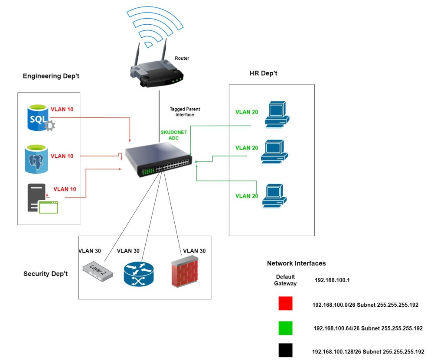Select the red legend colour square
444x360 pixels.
click(x=285, y=304)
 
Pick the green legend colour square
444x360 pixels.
click(x=285, y=328)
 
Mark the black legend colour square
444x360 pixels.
click(x=285, y=350)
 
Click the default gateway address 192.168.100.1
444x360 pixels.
click(x=332, y=280)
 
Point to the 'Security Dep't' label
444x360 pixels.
click(x=46, y=274)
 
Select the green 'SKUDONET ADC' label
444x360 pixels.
click(x=173, y=135)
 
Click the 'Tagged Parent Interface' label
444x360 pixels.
click(x=185, y=112)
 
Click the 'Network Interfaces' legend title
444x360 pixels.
click(x=296, y=263)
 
